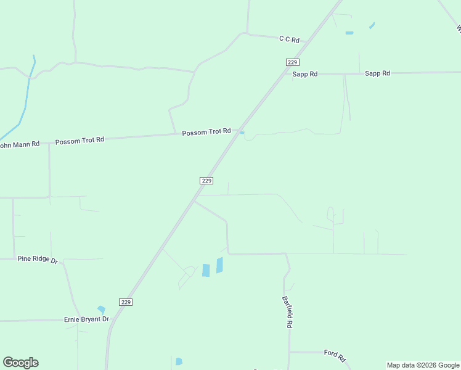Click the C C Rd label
pos(289,39)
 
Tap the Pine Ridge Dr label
pos(37,260)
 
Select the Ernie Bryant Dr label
pos(86,319)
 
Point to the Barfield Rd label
pos(288,311)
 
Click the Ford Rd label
pos(335,355)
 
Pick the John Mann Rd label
pos(19,144)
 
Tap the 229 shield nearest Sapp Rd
pos(293,62)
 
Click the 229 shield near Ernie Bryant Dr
pos(126,302)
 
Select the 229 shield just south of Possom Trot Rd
pos(206,180)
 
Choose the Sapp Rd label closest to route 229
pos(305,74)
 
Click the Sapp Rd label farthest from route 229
pos(377,73)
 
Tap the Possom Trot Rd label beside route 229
pos(206,131)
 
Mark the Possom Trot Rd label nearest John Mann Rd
pos(80,141)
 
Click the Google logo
pos(20,363)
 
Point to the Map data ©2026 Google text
pos(423,365)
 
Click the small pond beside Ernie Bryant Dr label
pos(101,309)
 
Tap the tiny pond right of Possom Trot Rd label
pos(242,132)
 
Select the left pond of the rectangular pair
pos(206,270)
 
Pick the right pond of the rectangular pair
pos(219,265)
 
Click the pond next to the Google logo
pos(179,361)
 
